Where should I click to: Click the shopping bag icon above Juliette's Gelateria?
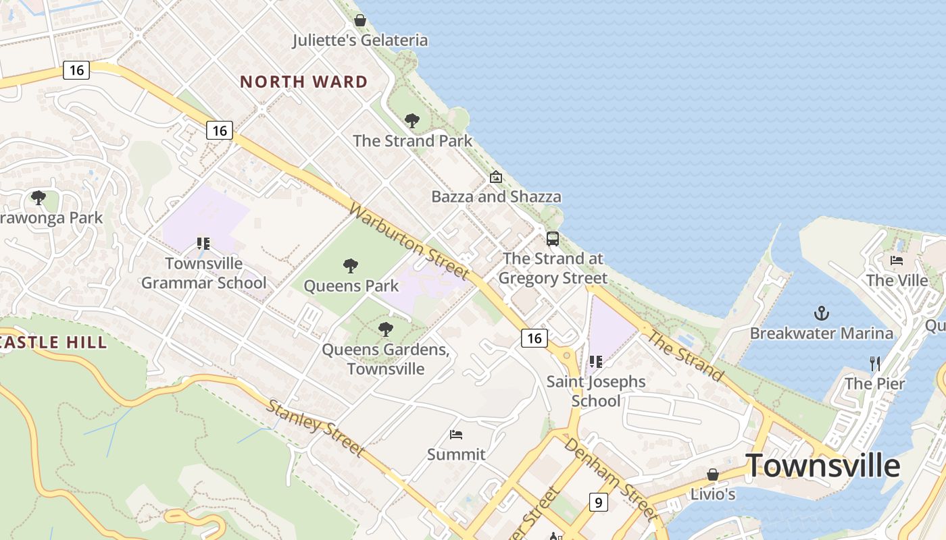click(360, 20)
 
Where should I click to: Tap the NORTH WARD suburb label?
click(304, 82)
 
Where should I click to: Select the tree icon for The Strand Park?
click(412, 121)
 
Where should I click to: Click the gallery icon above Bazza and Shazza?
click(496, 177)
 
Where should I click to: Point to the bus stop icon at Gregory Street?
click(553, 238)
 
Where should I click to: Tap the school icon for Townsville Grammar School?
click(203, 243)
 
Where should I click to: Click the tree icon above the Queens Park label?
click(350, 266)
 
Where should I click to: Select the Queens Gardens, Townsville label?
click(386, 359)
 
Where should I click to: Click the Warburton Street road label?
click(408, 241)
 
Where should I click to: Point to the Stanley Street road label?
click(315, 427)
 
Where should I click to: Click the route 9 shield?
click(598, 502)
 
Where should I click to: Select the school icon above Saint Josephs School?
click(595, 362)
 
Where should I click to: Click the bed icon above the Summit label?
click(456, 434)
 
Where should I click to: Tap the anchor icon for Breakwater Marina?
click(822, 313)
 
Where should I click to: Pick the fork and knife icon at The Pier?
click(875, 364)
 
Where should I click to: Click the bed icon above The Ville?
click(897, 260)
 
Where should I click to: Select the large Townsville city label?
click(822, 466)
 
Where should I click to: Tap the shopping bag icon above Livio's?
click(712, 475)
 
